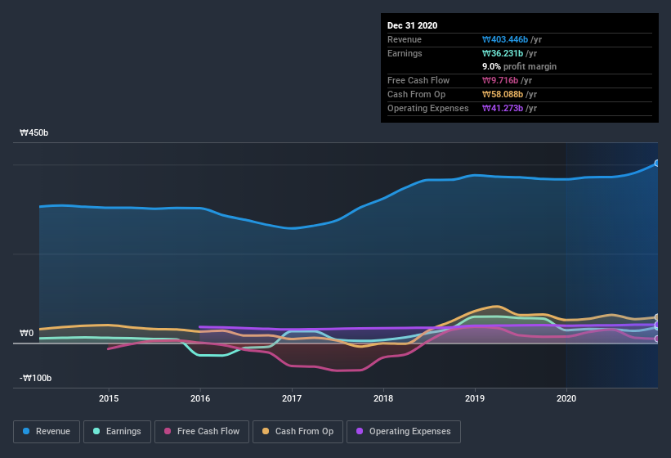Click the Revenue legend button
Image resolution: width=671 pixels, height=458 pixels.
click(47, 431)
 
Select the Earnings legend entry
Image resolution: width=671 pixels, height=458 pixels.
click(117, 431)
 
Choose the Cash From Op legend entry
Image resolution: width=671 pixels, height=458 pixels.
click(297, 431)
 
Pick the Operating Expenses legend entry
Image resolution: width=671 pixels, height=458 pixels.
click(404, 431)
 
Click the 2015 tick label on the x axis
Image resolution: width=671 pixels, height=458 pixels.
click(109, 398)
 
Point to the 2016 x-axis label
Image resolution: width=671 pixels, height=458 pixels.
click(200, 398)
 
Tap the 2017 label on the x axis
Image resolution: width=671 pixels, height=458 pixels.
click(292, 398)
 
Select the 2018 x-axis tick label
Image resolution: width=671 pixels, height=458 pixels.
click(383, 398)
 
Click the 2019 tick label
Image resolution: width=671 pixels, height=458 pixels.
click(475, 398)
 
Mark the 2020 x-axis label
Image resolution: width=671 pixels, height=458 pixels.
click(566, 398)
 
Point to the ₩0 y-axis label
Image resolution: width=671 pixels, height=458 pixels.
click(27, 333)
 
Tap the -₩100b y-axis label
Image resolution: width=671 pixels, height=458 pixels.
click(37, 378)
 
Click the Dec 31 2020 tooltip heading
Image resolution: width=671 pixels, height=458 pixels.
click(412, 25)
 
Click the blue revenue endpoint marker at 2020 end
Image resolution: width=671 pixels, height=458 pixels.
click(657, 164)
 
